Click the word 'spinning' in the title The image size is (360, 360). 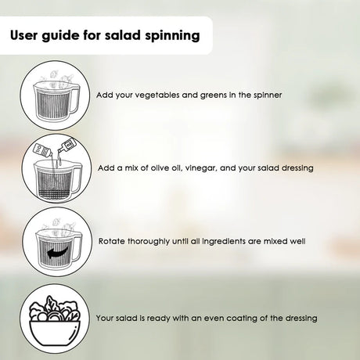[x=172, y=36]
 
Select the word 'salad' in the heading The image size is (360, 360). [x=123, y=35]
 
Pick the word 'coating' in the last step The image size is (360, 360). [x=241, y=319]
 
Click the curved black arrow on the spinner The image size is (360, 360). [x=59, y=251]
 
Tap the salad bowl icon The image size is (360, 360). [x=55, y=321]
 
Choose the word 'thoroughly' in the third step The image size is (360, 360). [x=148, y=241]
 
